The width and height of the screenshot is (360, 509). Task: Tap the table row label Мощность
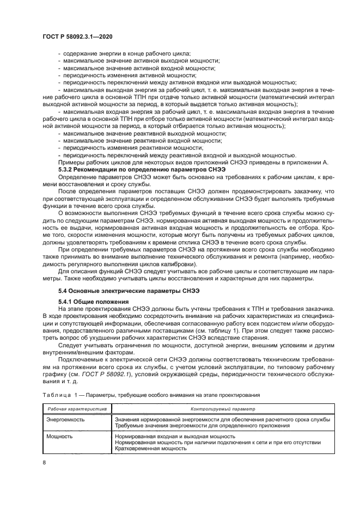(x=59, y=436)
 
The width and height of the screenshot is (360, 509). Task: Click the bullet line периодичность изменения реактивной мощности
(x=136, y=148)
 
